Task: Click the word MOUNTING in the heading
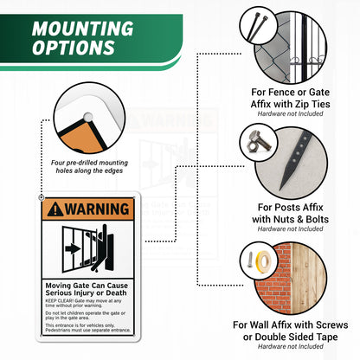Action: point(83,28)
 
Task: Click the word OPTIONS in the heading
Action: point(72,48)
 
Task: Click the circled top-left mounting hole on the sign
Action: point(43,199)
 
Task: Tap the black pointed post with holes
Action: point(297,159)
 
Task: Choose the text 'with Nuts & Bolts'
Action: point(290,218)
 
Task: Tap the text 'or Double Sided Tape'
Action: point(290,336)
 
